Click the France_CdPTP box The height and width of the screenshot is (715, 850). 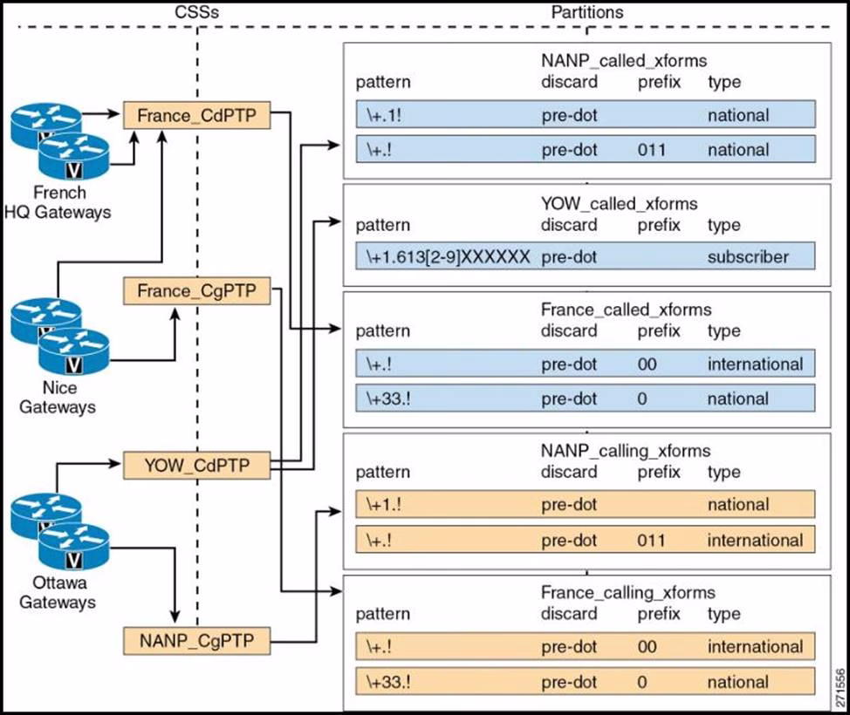[196, 115]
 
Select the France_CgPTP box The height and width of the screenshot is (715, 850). [196, 290]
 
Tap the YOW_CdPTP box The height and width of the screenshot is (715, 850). [196, 466]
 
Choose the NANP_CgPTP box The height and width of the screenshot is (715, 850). [196, 642]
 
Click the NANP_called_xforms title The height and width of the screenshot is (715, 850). [623, 62]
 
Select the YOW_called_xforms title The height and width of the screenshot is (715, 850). [620, 204]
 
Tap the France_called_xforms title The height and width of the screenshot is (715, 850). [626, 310]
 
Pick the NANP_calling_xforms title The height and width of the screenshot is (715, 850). [625, 451]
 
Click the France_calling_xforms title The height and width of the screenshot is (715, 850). [627, 593]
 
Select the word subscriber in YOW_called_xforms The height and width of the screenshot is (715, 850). [748, 257]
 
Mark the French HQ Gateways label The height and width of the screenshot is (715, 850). [60, 201]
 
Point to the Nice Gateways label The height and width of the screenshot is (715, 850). [58, 397]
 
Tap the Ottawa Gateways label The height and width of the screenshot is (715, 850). [58, 592]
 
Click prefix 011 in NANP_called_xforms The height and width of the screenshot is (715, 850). [652, 150]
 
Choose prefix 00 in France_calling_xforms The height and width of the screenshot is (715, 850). [647, 647]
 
